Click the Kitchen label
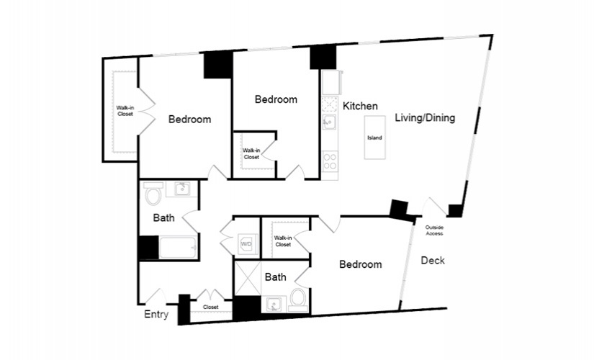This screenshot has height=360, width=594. coord(359,106)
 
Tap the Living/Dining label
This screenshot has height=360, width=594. coord(424,117)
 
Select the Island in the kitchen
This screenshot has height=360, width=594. coord(374,138)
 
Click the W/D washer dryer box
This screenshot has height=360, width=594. coord(246,244)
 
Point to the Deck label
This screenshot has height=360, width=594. coord(432,261)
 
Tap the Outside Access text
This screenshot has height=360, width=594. coord(434,230)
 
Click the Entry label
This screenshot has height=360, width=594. coord(156,315)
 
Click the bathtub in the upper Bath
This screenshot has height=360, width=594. coord(177,248)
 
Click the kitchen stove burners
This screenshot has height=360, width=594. coord(330,161)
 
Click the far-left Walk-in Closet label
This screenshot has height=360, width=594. coord(125,110)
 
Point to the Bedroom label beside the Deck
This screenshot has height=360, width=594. coord(361,264)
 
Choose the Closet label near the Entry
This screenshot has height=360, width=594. coord(210,307)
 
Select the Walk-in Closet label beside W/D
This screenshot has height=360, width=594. coord(283,241)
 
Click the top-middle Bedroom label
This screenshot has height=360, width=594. coord(276,99)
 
